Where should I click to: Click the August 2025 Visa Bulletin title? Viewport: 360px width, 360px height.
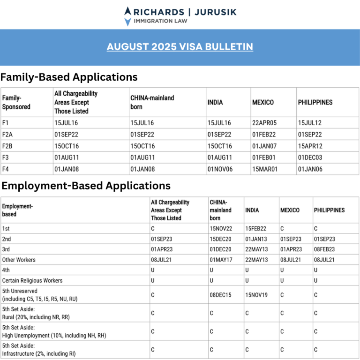click(x=180, y=47)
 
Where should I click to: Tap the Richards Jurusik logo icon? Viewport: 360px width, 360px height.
click(x=127, y=15)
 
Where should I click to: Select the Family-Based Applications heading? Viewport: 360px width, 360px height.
click(x=69, y=77)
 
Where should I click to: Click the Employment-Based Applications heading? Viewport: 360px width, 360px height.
click(x=86, y=186)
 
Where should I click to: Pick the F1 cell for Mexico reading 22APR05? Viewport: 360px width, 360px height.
click(x=264, y=123)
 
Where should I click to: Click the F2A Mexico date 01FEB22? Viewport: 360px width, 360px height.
click(x=264, y=135)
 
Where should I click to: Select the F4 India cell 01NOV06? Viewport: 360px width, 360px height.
click(x=219, y=169)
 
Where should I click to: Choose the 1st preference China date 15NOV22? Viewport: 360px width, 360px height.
click(x=222, y=229)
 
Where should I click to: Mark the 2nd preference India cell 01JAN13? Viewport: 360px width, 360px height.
click(x=256, y=239)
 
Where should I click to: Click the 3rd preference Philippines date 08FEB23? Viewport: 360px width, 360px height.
click(x=324, y=249)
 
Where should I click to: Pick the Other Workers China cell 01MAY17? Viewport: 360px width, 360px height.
click(x=222, y=260)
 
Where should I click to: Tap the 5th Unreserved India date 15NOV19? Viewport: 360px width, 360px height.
click(x=256, y=295)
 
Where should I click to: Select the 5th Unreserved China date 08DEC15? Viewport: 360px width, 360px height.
click(x=222, y=295)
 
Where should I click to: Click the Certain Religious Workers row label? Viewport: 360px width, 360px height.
click(x=32, y=280)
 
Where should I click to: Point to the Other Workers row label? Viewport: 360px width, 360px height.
click(x=19, y=260)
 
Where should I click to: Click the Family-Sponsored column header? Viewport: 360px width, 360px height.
click(x=16, y=102)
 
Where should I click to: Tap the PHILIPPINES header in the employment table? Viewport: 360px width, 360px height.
click(x=329, y=210)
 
